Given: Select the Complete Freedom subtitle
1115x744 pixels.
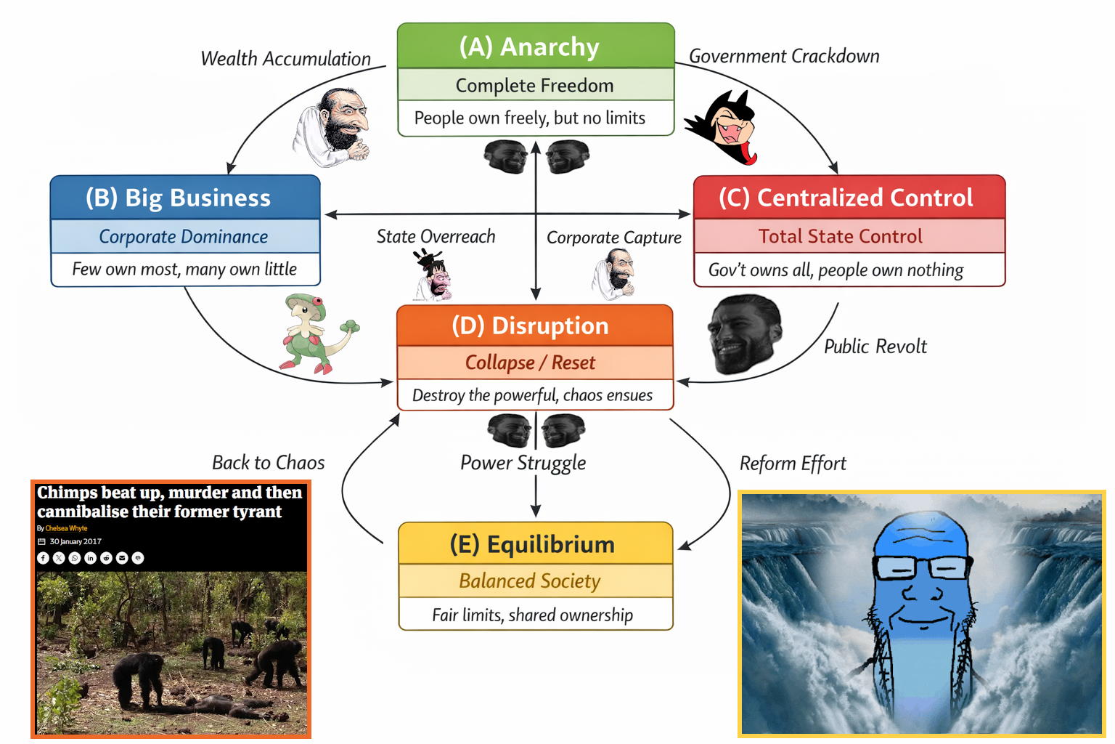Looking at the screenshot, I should pyautogui.click(x=535, y=85).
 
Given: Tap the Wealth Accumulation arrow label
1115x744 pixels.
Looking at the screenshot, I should pyautogui.click(x=285, y=59).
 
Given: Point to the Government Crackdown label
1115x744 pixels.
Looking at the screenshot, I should pyautogui.click(x=784, y=56).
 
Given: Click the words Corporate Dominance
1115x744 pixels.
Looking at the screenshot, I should pyautogui.click(x=184, y=237).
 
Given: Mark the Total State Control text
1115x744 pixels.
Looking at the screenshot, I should pyautogui.click(x=841, y=236).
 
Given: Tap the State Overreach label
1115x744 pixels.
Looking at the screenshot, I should pyautogui.click(x=436, y=236).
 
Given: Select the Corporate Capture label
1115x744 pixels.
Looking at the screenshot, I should pyautogui.click(x=614, y=238).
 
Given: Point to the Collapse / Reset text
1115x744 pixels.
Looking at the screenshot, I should pyautogui.click(x=530, y=363).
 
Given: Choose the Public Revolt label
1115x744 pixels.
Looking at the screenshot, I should pyautogui.click(x=875, y=347).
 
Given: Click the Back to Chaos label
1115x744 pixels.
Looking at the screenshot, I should pyautogui.click(x=269, y=463).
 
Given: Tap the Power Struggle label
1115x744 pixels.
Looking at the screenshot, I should pyautogui.click(x=523, y=463).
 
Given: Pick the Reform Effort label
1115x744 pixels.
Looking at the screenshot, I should pyautogui.click(x=793, y=464).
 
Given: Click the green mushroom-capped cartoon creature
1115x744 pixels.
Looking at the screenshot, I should pyautogui.click(x=314, y=332).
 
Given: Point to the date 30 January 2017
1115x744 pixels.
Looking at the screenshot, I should pyautogui.click(x=75, y=541).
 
